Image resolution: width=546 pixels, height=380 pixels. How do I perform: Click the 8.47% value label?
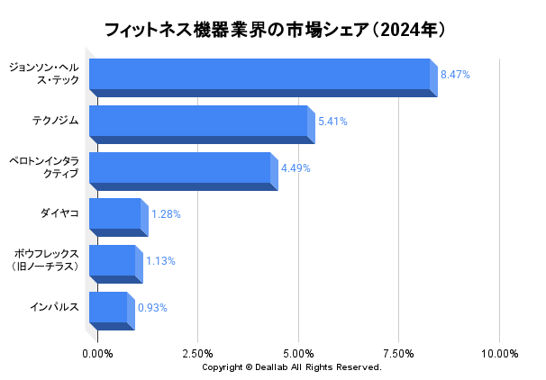click(455, 75)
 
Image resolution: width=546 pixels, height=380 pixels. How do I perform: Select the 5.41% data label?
click(332, 122)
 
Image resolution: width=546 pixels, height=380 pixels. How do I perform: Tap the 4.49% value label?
click(296, 168)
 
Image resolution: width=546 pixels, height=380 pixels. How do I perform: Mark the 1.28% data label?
click(166, 214)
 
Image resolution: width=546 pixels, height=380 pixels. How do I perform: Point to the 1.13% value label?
click(160, 261)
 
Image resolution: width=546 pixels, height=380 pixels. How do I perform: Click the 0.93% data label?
click(152, 308)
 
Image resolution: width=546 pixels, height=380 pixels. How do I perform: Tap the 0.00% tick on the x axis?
click(97, 354)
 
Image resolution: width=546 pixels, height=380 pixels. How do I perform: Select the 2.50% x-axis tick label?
click(197, 354)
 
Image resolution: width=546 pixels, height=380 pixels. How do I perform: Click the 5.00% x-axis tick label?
click(298, 354)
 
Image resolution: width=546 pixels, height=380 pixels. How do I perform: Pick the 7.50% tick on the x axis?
click(398, 354)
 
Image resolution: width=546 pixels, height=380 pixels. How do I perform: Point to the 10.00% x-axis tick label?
click(500, 354)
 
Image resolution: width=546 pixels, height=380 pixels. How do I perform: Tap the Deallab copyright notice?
click(292, 367)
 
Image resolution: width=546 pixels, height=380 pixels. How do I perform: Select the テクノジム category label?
click(55, 119)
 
